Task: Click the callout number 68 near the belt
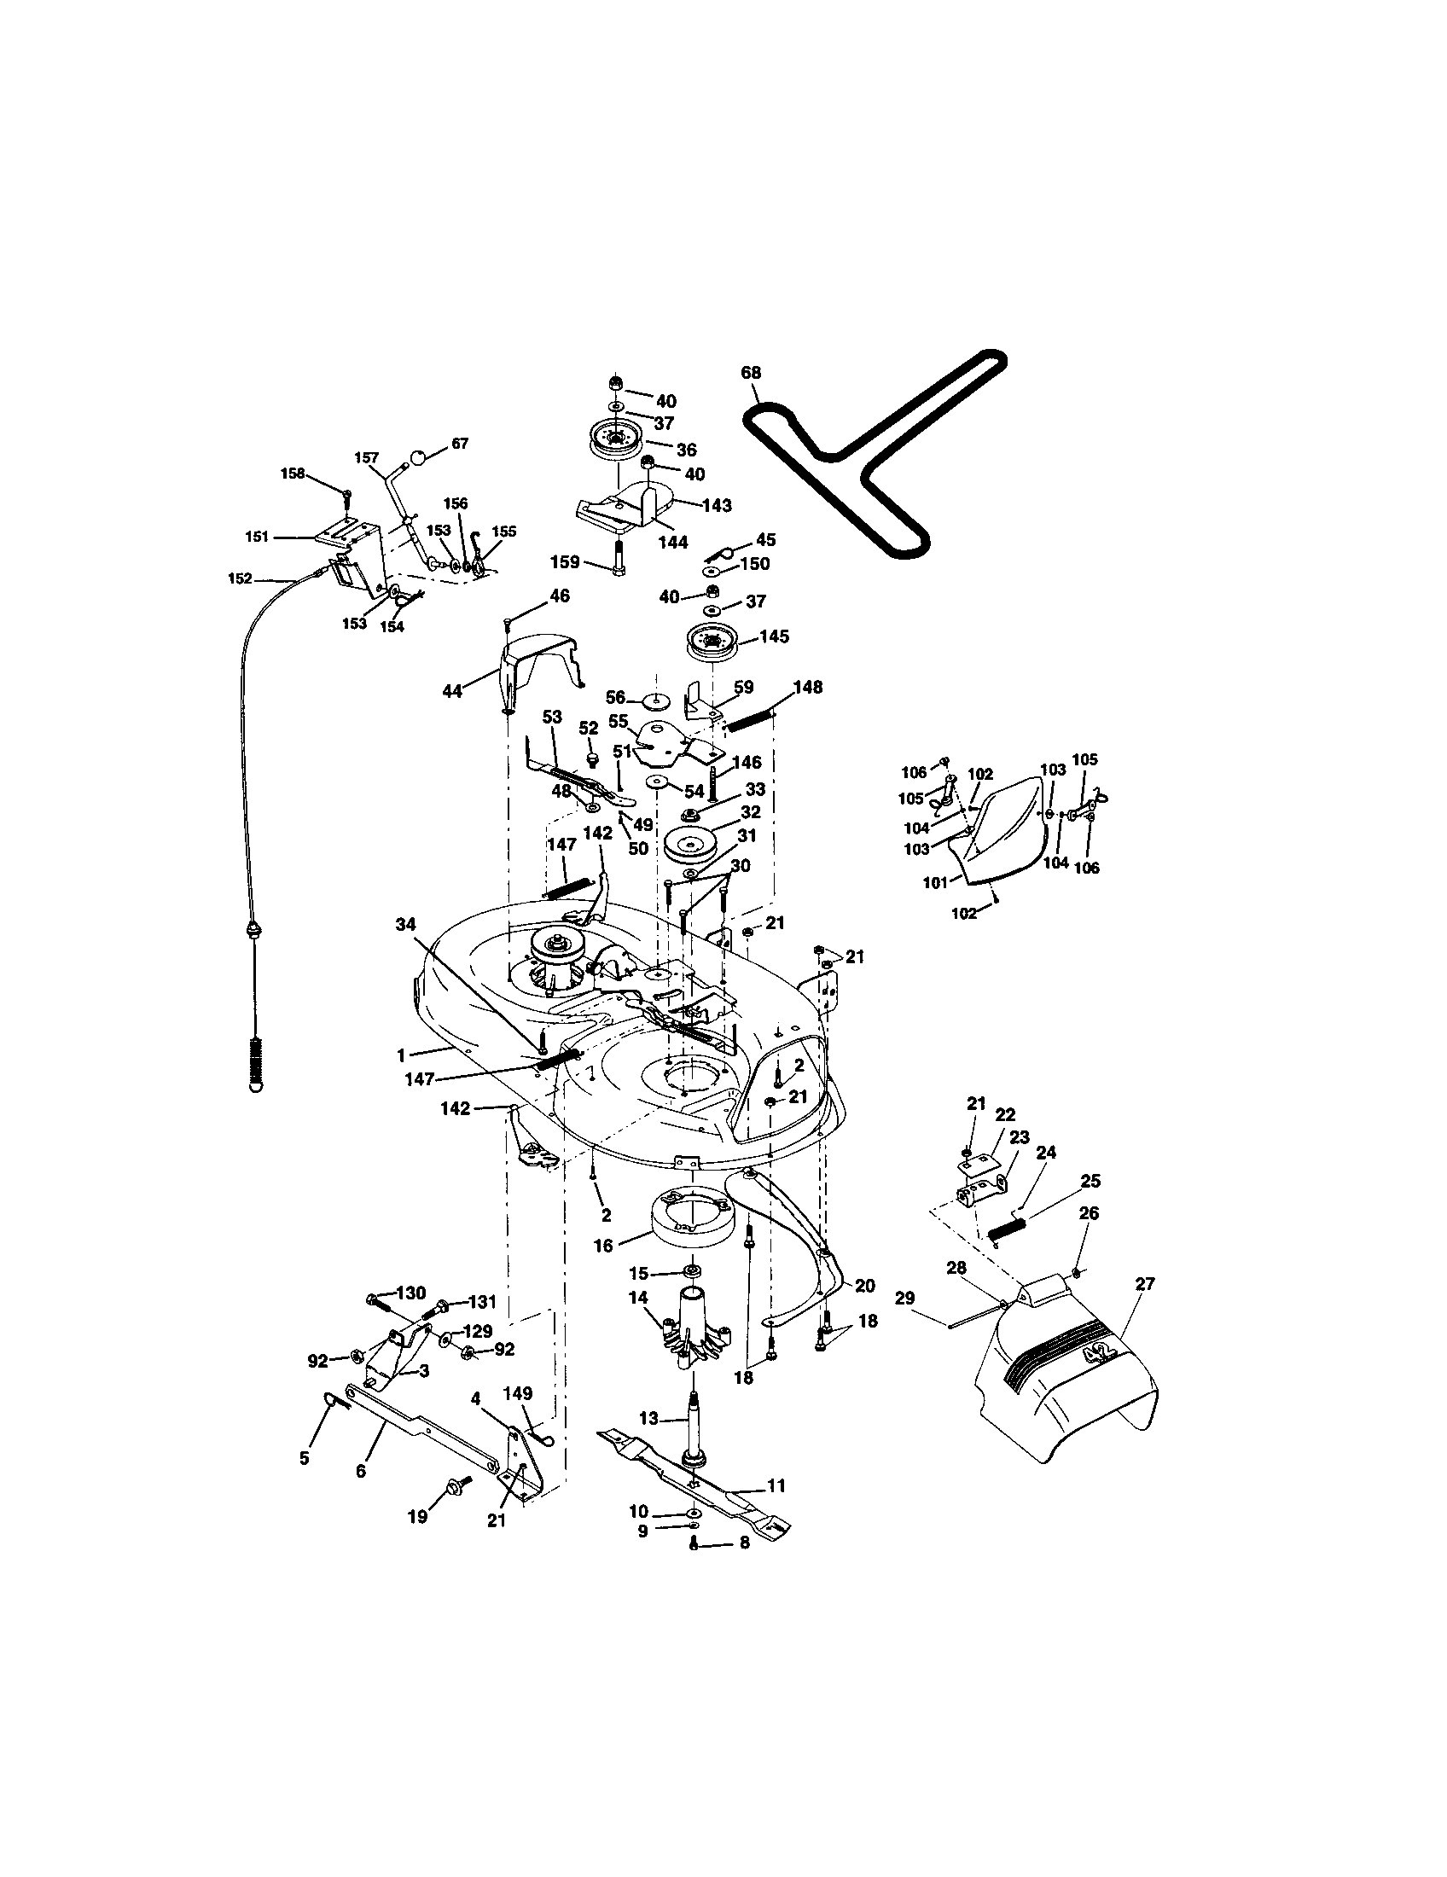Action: (750, 372)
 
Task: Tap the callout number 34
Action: (406, 924)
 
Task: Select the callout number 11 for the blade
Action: (776, 1485)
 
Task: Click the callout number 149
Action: (518, 1392)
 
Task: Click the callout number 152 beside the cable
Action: (240, 578)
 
